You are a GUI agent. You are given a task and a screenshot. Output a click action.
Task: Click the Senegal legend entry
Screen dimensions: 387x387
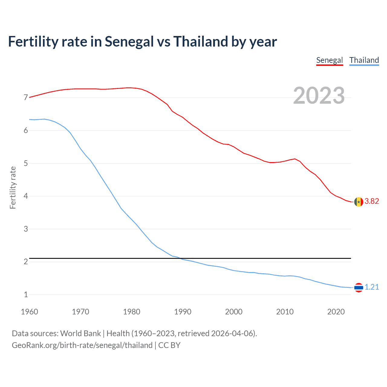coord(330,60)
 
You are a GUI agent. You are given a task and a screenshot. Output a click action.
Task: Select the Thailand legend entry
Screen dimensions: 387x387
coord(364,60)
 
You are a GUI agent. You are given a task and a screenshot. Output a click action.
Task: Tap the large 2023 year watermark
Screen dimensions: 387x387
coord(319,96)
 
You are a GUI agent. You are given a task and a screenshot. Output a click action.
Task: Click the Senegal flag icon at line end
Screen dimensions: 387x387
coord(359,202)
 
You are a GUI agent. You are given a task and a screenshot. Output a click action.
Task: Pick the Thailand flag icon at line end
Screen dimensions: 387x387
coord(359,287)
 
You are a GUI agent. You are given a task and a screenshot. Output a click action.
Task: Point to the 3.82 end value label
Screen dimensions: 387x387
coord(372,201)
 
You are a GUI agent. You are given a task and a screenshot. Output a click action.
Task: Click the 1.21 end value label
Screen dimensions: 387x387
coord(372,287)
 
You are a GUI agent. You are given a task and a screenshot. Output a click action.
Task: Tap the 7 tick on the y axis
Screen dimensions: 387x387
coord(26,98)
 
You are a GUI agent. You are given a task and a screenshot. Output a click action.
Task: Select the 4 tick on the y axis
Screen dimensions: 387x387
coord(26,196)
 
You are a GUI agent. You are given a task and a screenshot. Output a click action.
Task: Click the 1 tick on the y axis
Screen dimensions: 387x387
coord(26,295)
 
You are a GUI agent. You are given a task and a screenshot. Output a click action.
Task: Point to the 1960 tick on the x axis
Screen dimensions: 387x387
coord(29,312)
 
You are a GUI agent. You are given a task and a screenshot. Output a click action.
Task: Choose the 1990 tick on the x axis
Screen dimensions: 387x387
coord(183,312)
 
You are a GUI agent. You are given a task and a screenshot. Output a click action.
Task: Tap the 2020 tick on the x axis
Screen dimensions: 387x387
coord(336,312)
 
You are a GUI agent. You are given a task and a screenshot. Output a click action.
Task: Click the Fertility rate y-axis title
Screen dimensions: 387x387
coord(13,187)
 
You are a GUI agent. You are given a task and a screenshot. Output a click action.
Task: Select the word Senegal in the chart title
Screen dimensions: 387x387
coord(129,42)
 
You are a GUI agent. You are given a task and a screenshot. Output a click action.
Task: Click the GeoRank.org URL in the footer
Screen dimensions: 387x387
coord(82,345)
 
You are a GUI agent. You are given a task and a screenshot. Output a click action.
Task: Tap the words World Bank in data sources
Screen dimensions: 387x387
coord(80,333)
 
